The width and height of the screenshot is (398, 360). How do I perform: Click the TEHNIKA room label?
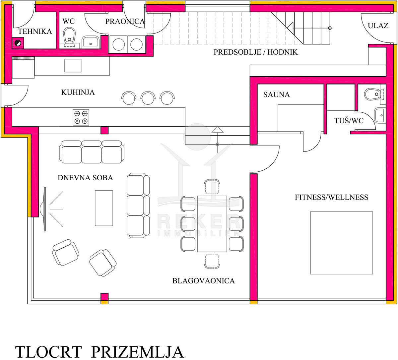pyautogui.click(x=35, y=31)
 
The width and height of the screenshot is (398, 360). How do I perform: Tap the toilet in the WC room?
pyautogui.click(x=69, y=37)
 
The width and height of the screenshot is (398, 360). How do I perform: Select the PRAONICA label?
pyautogui.click(x=125, y=22)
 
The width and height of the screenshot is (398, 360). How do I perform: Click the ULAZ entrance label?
pyautogui.click(x=378, y=26)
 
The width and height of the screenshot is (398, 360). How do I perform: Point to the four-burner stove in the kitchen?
pyautogui.click(x=81, y=117)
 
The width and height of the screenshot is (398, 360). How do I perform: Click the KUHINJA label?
pyautogui.click(x=78, y=92)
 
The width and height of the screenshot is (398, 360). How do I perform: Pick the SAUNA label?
pyautogui.click(x=276, y=94)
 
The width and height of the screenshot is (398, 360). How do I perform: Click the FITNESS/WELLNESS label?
pyautogui.click(x=331, y=197)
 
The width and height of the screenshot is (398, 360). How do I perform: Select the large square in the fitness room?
pyautogui.click(x=342, y=243)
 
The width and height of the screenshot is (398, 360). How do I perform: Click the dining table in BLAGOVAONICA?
pyautogui.click(x=212, y=224)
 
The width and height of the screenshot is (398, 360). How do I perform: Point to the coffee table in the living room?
pyautogui.click(x=104, y=208)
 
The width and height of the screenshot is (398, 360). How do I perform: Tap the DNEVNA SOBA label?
pyautogui.click(x=85, y=178)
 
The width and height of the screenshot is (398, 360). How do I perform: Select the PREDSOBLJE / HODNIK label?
pyautogui.click(x=255, y=52)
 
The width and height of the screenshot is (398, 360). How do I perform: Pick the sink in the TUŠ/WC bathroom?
pyautogui.click(x=379, y=115)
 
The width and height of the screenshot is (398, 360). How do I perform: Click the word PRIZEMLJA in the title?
pyautogui.click(x=138, y=352)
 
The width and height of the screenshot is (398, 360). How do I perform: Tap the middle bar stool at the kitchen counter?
pyautogui.click(x=148, y=98)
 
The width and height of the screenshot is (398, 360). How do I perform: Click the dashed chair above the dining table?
pyautogui.click(x=212, y=186)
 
